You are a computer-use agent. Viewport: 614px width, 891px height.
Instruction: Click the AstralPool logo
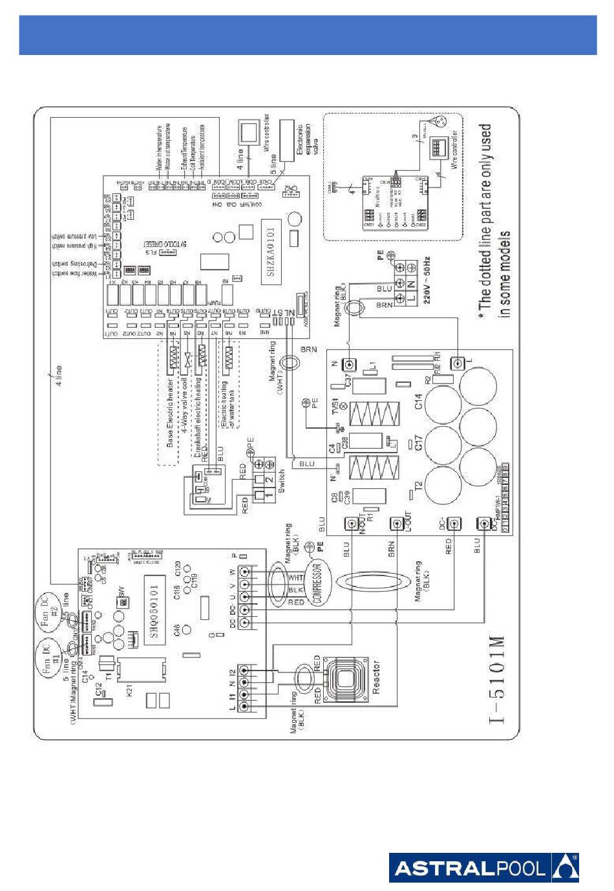coord(483,867)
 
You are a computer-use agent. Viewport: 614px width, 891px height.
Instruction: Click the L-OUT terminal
coord(397,523)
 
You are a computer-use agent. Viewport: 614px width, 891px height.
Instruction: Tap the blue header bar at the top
coord(307,36)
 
